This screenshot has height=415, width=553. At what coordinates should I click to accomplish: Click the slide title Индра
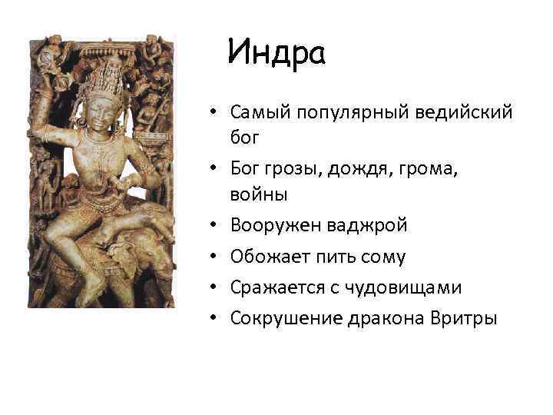277,54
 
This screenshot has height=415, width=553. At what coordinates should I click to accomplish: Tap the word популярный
349,114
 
